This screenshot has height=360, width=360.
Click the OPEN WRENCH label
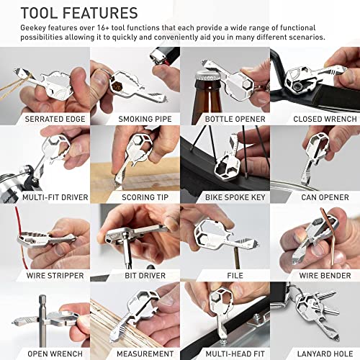[45, 353]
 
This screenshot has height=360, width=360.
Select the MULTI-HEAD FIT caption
[224, 353]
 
